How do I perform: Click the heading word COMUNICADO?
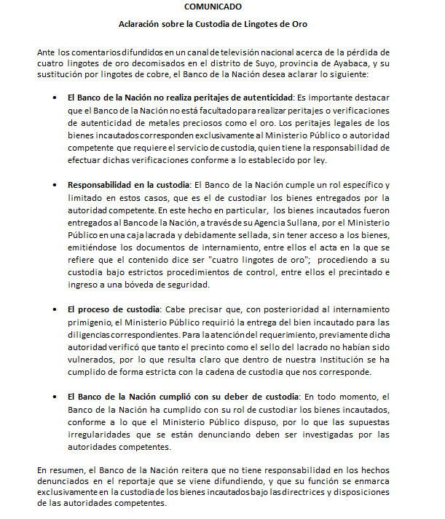click(213, 7)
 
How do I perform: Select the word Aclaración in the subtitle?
click(143, 25)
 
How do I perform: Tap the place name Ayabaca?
click(354, 63)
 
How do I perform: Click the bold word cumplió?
click(189, 397)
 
